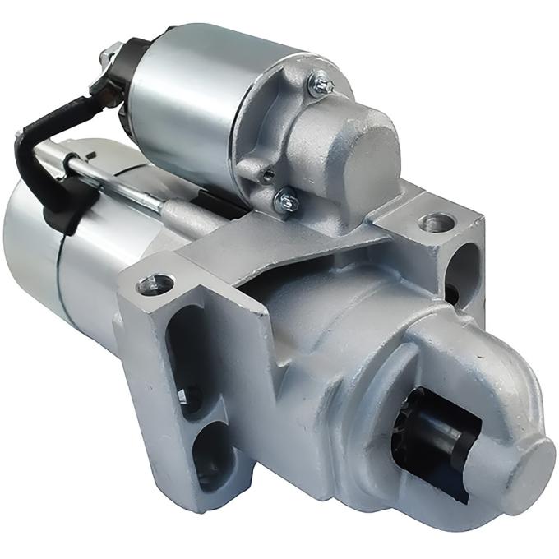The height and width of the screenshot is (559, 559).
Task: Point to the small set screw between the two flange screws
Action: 265,173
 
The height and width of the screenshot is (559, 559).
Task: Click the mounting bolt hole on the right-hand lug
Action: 435,222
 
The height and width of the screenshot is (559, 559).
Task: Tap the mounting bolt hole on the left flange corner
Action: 154,285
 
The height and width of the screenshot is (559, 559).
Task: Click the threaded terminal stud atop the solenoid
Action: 106,56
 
